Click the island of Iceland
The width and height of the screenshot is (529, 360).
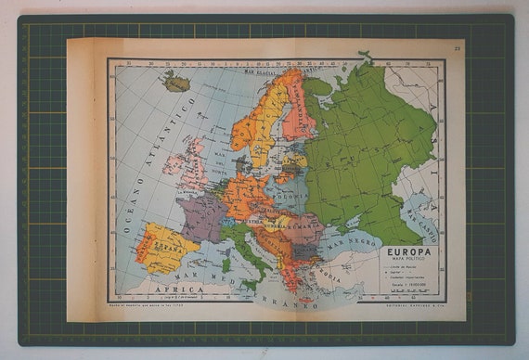174,84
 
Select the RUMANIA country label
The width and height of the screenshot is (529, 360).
307,225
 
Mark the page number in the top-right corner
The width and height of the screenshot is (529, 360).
457,46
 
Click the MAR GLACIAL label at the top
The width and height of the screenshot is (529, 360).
263,69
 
